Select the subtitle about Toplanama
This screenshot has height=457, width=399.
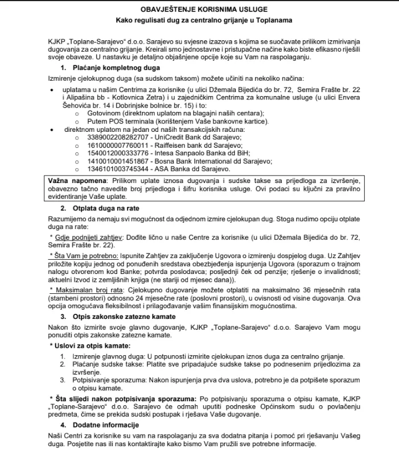pos(199,21)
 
